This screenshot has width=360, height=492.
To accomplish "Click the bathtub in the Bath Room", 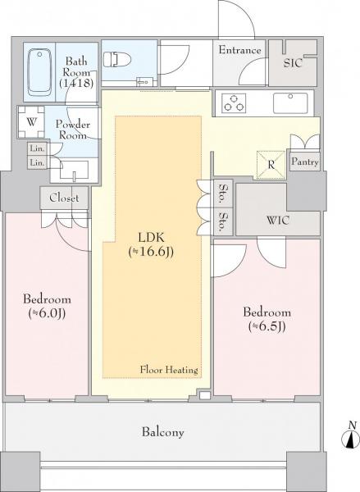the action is [x=39, y=72].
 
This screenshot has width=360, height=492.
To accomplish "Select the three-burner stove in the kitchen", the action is [x=234, y=103].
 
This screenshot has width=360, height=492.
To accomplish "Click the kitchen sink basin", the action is [x=290, y=103].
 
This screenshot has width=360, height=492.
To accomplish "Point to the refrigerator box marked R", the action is [x=271, y=165].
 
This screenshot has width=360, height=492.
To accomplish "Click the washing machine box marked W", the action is [x=31, y=121].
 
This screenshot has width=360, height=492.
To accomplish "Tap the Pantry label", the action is [x=304, y=162].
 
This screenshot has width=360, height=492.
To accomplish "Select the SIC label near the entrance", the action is [x=293, y=63].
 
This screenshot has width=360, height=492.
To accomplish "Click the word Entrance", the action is [x=239, y=50].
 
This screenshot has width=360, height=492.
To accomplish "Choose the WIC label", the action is [x=277, y=220].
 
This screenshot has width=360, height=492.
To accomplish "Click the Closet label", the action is [x=64, y=198].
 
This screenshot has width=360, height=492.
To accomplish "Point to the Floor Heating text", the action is [x=169, y=370].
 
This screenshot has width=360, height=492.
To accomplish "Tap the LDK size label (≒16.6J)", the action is [x=151, y=252].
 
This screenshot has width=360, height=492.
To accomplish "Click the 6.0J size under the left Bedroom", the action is [x=47, y=313].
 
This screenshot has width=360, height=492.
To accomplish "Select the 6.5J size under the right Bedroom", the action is [x=267, y=326].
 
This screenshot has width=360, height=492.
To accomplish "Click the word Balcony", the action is [x=162, y=432].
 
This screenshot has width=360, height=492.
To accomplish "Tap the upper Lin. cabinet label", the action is [x=38, y=148].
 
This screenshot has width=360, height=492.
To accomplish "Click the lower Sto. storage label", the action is [x=223, y=222].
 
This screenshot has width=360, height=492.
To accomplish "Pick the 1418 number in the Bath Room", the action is [x=76, y=83].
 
